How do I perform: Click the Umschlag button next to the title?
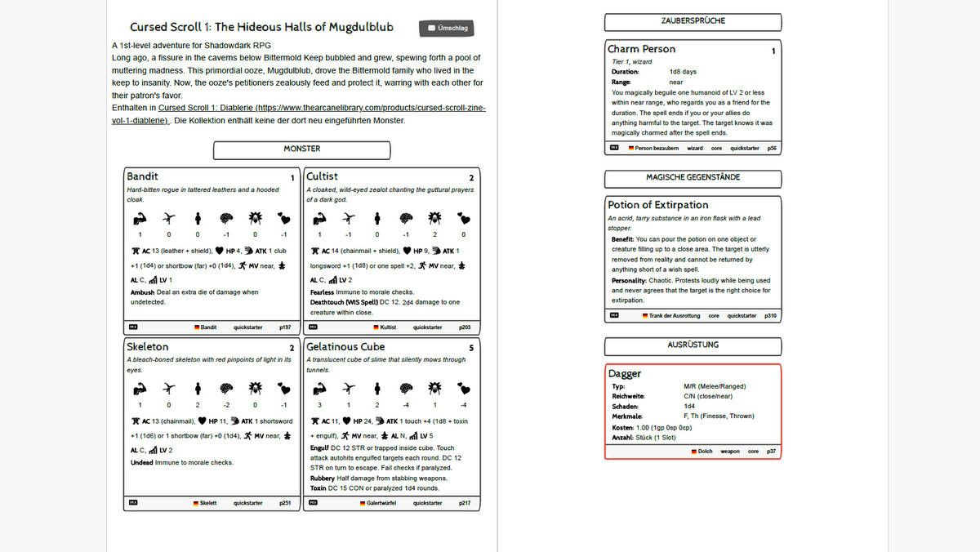[448, 29]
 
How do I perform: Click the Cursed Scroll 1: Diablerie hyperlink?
[322, 108]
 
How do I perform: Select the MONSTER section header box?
[301, 149]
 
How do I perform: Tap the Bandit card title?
[143, 176]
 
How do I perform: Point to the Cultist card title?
[322, 176]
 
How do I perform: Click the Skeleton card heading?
[148, 347]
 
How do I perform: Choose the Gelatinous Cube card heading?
[345, 347]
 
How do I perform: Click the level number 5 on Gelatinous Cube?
[471, 349]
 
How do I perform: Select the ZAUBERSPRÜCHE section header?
[693, 21]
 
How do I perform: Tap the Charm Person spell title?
[641, 49]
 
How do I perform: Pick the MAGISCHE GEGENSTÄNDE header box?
[693, 178]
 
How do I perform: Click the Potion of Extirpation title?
[658, 205]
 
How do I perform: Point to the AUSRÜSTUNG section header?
[693, 345]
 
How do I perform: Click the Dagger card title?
[625, 374]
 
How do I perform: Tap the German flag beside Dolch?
[693, 452]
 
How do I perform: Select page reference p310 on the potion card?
[770, 315]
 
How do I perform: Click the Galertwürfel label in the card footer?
[381, 503]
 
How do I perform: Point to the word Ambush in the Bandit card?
[142, 292]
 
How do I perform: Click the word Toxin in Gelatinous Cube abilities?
[319, 488]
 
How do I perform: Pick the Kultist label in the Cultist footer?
[388, 327]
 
